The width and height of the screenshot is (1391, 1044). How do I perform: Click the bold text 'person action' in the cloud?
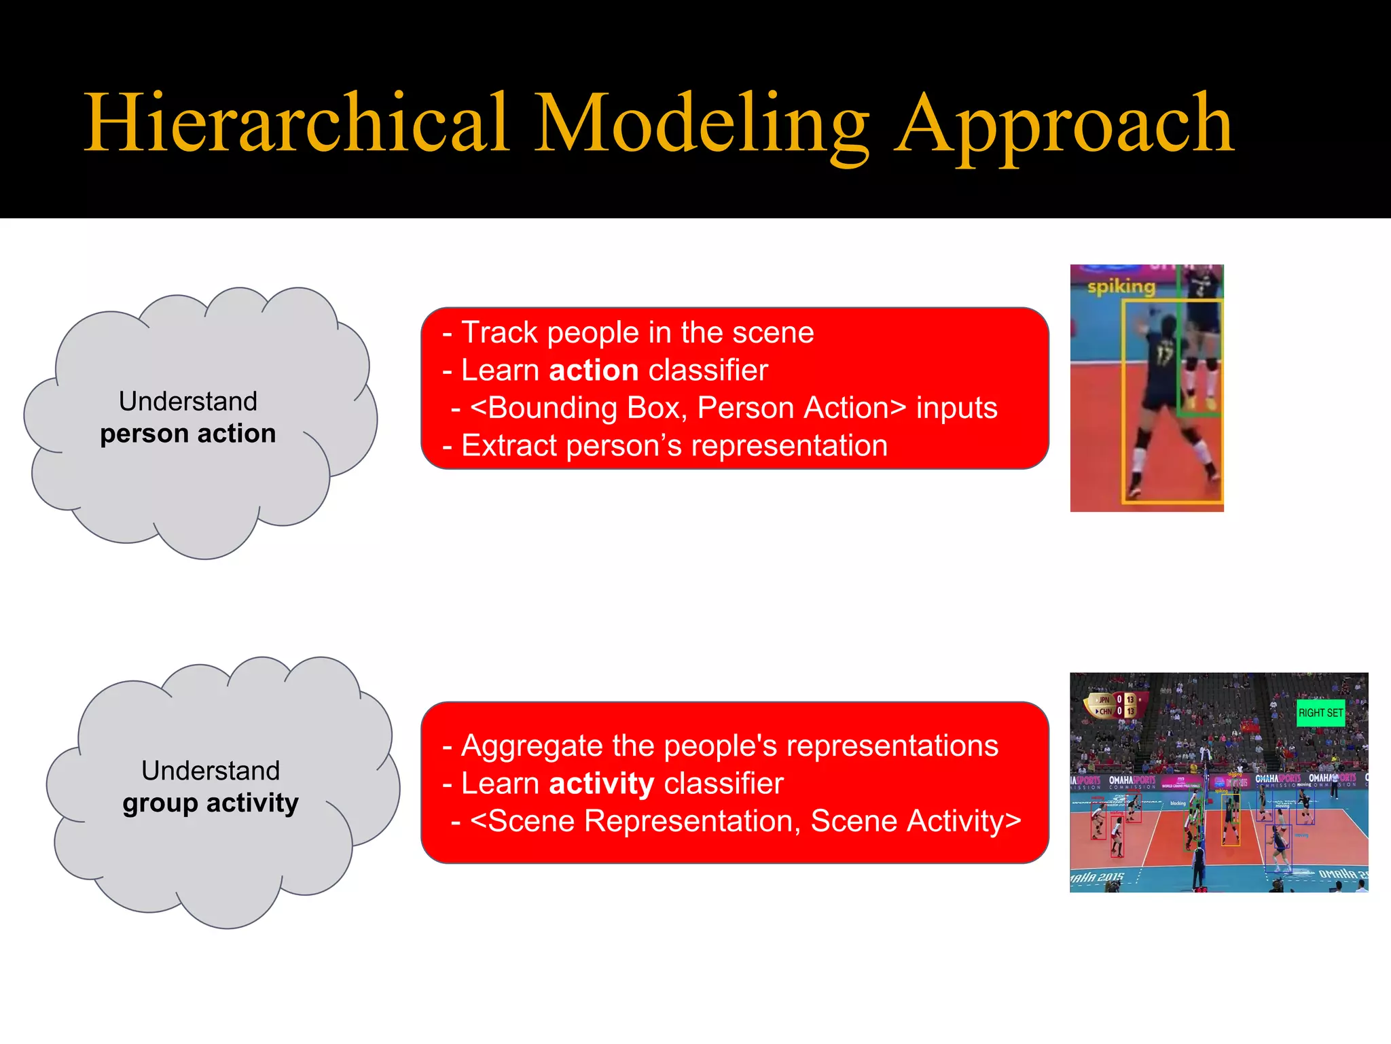[188, 434]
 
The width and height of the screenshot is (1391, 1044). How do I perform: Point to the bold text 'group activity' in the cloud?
[211, 803]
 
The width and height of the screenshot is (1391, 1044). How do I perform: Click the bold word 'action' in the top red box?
[594, 370]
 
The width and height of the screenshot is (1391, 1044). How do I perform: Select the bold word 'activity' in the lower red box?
[601, 784]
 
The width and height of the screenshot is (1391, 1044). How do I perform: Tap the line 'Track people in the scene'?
[637, 332]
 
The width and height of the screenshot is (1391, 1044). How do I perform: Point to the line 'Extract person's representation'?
[674, 446]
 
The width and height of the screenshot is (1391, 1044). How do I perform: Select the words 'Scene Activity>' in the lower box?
[916, 821]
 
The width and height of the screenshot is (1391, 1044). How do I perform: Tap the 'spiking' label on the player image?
[1121, 286]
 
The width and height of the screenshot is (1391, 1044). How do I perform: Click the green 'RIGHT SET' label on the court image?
[1320, 713]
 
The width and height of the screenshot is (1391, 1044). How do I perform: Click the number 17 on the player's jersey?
[1164, 355]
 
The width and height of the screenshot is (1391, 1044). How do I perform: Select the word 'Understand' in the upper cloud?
[188, 401]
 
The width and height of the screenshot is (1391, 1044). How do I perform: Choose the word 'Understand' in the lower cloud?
[211, 771]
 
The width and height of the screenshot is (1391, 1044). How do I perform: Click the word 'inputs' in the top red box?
[956, 408]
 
